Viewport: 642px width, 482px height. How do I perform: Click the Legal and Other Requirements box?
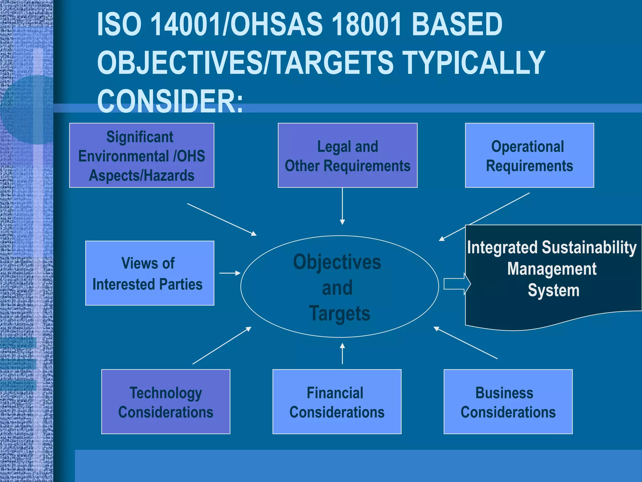tap(347, 155)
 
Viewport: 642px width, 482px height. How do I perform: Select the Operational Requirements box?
tap(529, 155)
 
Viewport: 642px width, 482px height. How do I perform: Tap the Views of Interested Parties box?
tap(150, 273)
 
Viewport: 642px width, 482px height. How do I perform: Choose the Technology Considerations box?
tap(166, 402)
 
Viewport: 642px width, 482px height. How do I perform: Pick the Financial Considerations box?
tap(337, 402)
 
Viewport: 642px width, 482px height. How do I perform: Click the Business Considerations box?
tap(508, 402)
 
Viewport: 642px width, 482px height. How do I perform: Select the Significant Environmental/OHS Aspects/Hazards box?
tap(141, 155)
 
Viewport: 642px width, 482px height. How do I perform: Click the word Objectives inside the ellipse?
tap(337, 262)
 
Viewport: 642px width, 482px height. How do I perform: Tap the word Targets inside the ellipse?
tap(339, 313)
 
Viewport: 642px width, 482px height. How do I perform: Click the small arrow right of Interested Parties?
tap(230, 273)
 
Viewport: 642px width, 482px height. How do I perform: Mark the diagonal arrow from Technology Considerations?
tap(222, 345)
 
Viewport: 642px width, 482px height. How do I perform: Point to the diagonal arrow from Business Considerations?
tap(466, 343)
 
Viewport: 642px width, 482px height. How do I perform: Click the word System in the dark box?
tap(553, 290)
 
